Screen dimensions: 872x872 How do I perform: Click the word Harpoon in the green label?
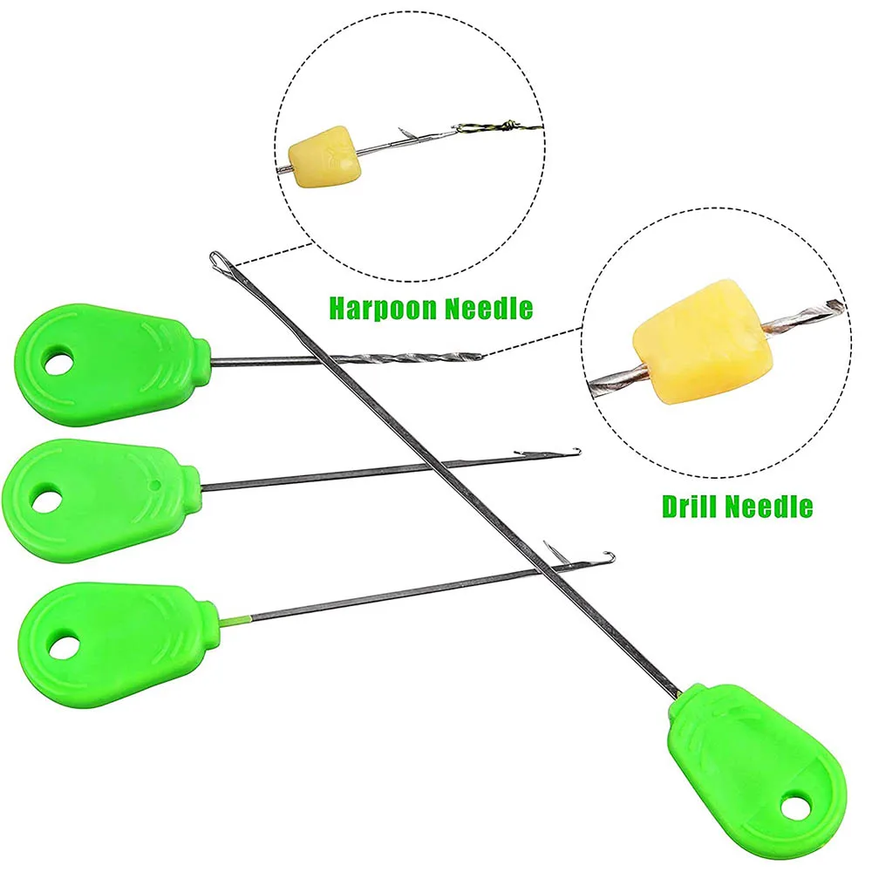pyautogui.click(x=380, y=307)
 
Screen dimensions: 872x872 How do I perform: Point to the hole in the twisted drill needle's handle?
pyautogui.click(x=59, y=364)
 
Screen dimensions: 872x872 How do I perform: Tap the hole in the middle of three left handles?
pyautogui.click(x=44, y=501)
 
